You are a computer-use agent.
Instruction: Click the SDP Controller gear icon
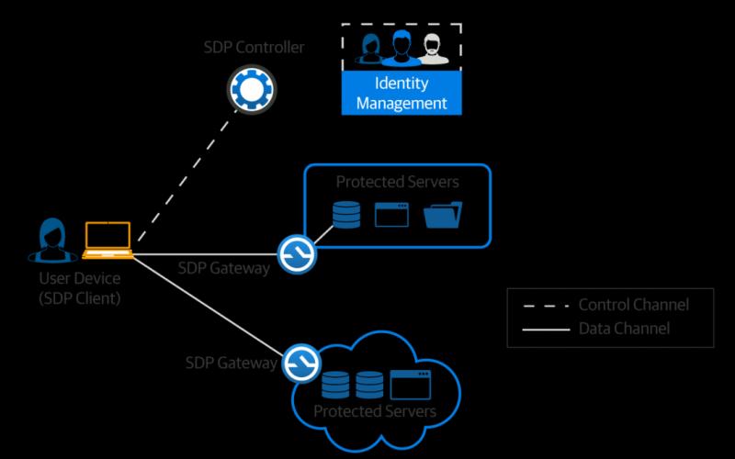252,89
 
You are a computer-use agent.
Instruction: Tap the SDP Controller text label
254,47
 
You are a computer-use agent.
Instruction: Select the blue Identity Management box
401,93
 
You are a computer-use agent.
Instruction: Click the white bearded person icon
432,49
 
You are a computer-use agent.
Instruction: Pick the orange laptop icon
107,241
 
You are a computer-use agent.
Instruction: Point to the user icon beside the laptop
52,240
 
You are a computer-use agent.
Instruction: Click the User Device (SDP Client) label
80,288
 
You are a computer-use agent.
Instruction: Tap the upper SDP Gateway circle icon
297,254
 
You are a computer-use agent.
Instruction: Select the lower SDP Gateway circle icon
301,363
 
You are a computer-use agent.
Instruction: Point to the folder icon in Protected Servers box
443,215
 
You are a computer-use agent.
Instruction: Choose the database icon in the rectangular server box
346,215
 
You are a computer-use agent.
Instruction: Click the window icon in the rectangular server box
391,215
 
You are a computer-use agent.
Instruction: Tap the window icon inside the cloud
410,385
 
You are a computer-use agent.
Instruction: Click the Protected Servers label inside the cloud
375,411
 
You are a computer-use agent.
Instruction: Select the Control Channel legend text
634,305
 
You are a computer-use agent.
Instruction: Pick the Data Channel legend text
624,329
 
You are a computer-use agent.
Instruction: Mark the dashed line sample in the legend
546,306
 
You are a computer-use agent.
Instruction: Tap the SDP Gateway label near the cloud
232,363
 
